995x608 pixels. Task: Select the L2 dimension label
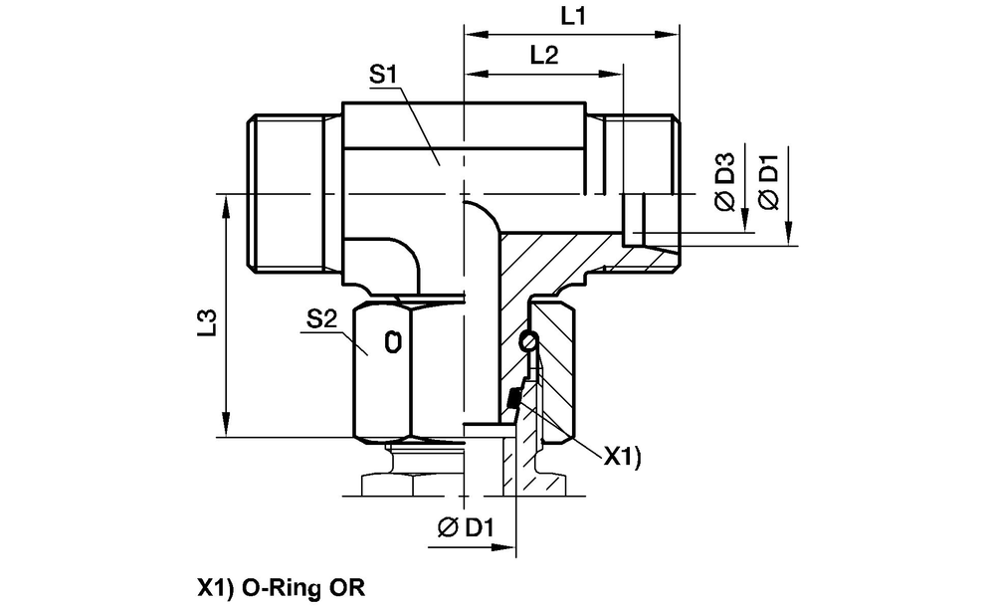coord(542,56)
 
